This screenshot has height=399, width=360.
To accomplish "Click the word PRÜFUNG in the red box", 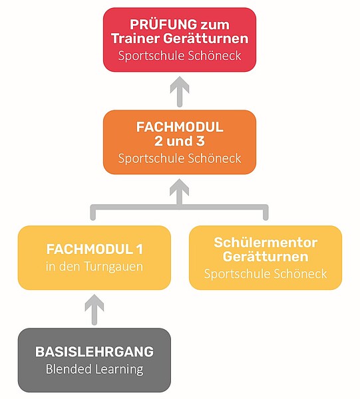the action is [163, 25].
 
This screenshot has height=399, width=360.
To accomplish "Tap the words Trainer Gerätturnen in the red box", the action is [180, 39].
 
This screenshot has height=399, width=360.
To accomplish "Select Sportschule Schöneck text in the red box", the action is [180, 56].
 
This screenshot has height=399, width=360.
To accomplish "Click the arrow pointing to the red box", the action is [180, 92].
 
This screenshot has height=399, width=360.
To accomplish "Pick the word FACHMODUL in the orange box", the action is [180, 127].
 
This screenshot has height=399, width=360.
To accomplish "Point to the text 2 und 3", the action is [180, 141].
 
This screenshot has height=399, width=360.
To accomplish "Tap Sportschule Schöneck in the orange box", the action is [180, 158].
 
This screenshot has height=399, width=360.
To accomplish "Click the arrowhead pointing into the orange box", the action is [180, 187].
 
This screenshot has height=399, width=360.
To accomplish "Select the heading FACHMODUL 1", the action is [94, 249].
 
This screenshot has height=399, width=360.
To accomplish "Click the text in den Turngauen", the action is [94, 267].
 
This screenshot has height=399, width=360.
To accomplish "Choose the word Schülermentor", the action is [266, 242].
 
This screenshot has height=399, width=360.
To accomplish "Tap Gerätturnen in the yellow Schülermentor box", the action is [266, 256].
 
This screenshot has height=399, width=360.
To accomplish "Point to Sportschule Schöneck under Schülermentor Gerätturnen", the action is [266, 274].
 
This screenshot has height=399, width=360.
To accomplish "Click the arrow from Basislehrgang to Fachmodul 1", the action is [94, 310].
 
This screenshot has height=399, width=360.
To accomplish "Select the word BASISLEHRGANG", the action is [94, 352].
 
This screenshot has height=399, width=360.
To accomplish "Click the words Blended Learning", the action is [94, 369].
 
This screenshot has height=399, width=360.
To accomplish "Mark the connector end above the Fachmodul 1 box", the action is [93, 218].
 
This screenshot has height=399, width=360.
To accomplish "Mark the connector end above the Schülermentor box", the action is [266, 218].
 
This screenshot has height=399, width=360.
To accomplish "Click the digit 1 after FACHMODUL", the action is [139, 249].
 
